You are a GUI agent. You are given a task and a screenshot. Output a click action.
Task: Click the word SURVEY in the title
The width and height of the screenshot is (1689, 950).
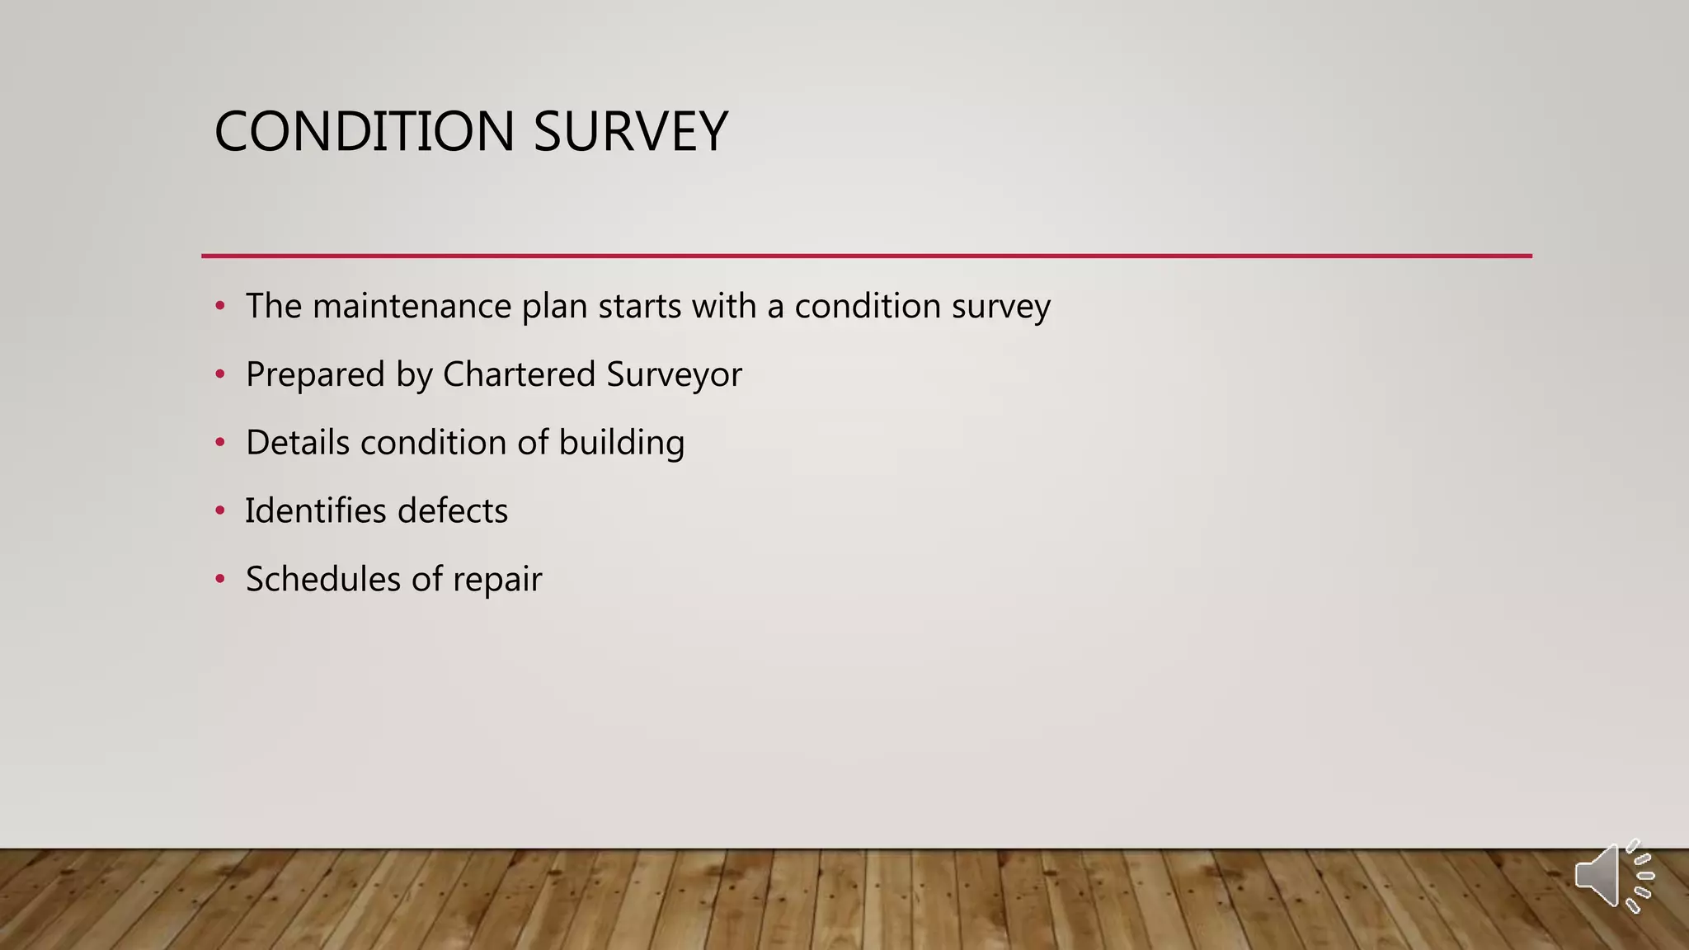tap(631, 132)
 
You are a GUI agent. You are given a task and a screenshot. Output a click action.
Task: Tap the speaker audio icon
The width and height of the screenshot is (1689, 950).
tap(1613, 876)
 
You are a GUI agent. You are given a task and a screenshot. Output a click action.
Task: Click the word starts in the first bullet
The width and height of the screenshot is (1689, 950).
tap(640, 307)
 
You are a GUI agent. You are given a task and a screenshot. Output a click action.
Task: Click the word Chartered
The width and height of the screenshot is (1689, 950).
tap(520, 375)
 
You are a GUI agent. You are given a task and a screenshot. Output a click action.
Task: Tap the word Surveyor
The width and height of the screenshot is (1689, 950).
tap(674, 375)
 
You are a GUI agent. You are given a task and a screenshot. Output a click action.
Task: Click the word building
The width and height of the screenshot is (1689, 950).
tap(622, 443)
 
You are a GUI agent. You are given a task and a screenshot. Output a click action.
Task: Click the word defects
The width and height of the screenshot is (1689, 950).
tap(453, 511)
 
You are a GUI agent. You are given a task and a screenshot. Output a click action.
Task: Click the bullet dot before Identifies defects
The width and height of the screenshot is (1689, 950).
tap(219, 511)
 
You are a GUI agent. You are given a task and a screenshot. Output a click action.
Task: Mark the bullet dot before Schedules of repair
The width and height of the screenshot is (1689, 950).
tap(219, 579)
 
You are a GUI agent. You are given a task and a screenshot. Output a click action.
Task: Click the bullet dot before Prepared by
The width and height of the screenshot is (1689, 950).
tap(219, 375)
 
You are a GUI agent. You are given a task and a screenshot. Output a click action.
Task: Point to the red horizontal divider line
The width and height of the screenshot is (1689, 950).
tap(866, 256)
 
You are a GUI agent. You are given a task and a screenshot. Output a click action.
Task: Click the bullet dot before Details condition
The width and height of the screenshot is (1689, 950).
tap(219, 443)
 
